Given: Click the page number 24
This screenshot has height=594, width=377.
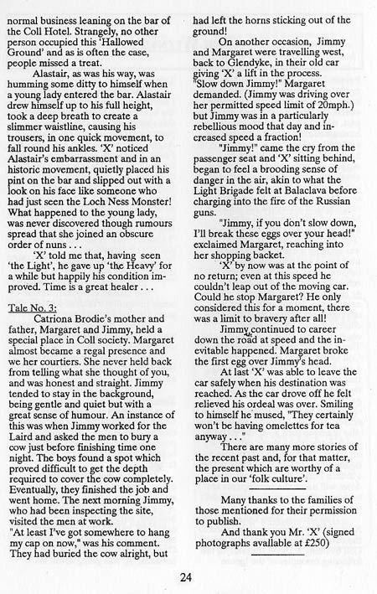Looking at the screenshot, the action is coord(188,576).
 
